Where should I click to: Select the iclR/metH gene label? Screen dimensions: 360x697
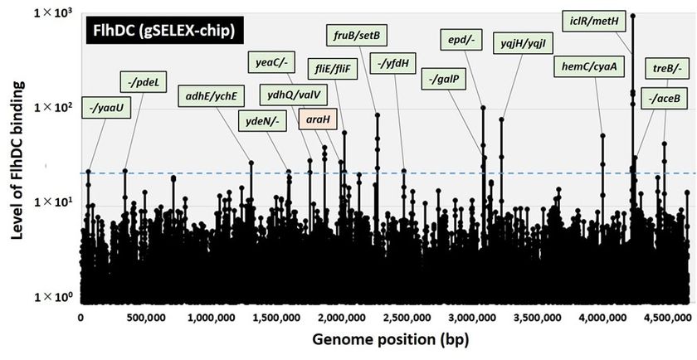coord(591,20)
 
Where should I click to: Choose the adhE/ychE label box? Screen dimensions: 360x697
coord(212,95)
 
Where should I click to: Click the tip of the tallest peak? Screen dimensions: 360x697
coord(633,16)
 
